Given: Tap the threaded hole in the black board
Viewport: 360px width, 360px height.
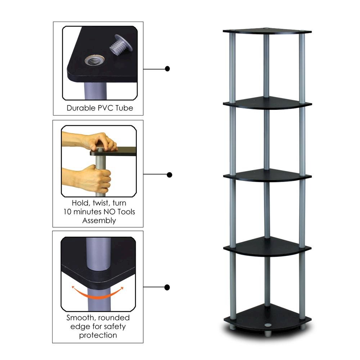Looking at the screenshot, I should coord(94,60).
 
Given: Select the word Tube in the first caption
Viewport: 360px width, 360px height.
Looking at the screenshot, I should coord(124,108).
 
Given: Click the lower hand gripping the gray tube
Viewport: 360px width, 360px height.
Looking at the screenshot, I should coord(95,178).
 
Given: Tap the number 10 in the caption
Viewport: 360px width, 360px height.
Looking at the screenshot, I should coord(67,212).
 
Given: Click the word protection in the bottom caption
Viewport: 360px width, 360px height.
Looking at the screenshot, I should coord(98,335).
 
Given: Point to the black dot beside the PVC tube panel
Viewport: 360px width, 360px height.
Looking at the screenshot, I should coord(167,68).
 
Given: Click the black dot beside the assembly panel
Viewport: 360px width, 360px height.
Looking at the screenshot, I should coord(170,175).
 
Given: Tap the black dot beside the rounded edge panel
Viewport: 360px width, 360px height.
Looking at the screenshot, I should coord(167,287).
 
